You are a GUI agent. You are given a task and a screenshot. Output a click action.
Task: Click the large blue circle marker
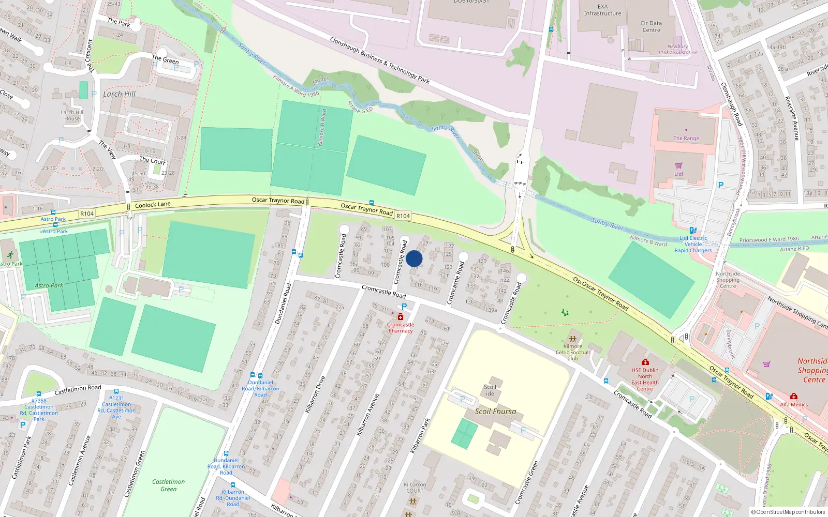(x=414, y=258)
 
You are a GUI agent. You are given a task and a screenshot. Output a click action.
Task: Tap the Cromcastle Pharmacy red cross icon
(x=401, y=317)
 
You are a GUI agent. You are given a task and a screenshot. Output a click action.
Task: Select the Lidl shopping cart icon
(x=678, y=166)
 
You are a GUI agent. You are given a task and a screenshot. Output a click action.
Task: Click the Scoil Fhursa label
(x=495, y=412)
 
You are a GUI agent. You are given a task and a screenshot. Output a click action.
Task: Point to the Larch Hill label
(x=119, y=94)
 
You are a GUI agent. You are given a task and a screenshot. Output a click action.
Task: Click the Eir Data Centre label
(x=651, y=26)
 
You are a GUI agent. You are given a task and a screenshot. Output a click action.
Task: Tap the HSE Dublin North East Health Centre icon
(x=645, y=362)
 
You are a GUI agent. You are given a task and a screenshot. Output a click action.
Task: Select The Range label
(x=686, y=138)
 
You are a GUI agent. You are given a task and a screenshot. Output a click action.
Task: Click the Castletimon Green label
(x=168, y=485)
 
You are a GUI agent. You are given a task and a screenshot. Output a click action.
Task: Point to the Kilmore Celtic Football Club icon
(x=572, y=339)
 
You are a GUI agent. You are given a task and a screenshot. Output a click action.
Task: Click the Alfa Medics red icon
(x=794, y=397)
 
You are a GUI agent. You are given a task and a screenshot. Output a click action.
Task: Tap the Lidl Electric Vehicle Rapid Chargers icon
(x=693, y=231)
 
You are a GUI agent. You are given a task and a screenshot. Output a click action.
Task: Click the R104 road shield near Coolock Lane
(x=87, y=214)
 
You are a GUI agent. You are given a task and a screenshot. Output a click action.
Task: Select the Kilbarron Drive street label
(x=315, y=394)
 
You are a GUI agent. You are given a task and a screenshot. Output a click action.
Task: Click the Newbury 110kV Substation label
(x=677, y=49)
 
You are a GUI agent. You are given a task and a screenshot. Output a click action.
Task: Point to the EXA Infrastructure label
(x=602, y=10)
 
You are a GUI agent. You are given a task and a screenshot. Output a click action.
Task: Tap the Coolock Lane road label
(x=153, y=205)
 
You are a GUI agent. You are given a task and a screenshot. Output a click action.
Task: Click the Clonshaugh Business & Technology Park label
(x=380, y=60)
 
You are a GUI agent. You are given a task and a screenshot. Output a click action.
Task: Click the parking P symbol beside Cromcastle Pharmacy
(x=404, y=307)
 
